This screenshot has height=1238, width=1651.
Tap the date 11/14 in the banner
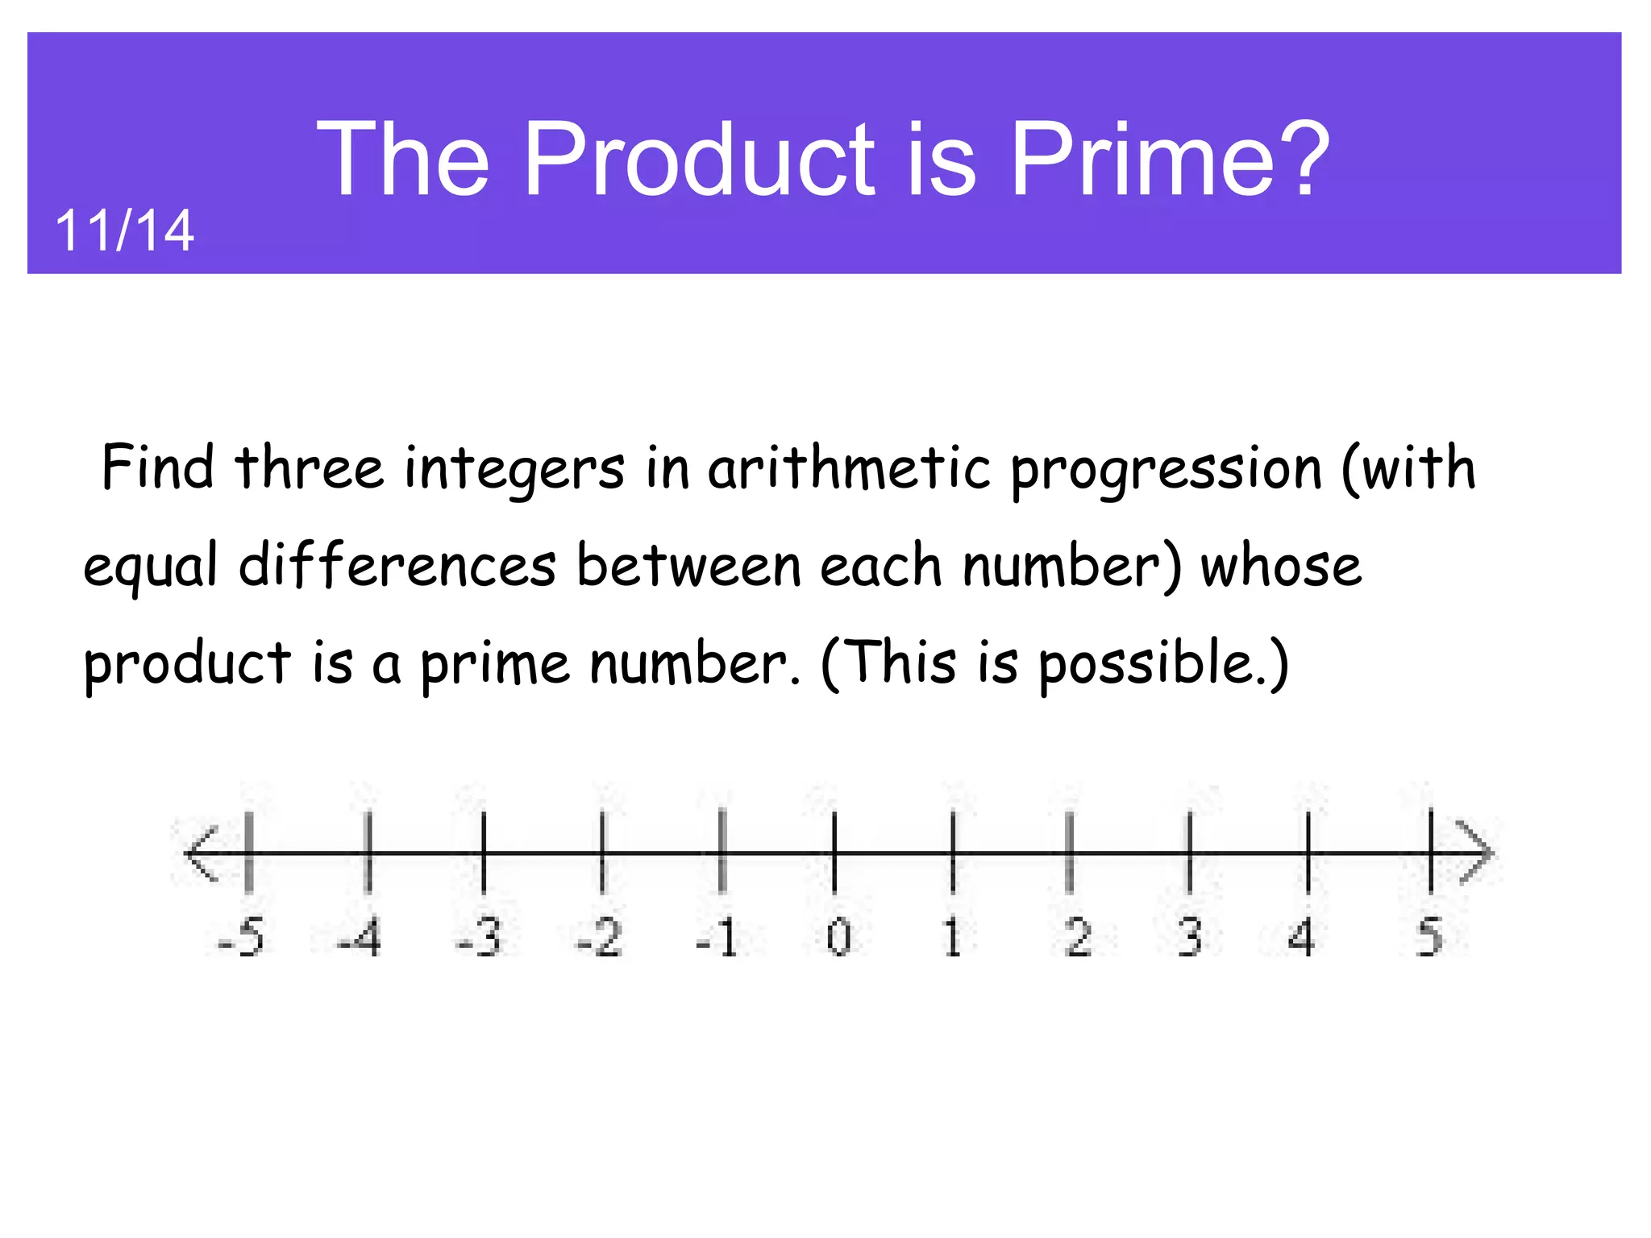pos(124,231)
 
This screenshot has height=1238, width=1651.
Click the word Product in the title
pos(699,158)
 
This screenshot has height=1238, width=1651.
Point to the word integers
pos(514,470)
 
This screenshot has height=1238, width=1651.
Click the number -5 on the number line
pos(241,938)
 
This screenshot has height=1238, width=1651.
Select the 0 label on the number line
pos(838,938)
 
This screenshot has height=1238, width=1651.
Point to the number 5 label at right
pos(1429,938)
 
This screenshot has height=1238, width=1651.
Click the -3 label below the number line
pos(479,938)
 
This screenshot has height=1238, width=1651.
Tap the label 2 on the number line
pos(1078,938)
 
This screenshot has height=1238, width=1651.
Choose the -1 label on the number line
pos(717,938)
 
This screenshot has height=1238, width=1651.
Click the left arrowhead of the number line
pos(199,853)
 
